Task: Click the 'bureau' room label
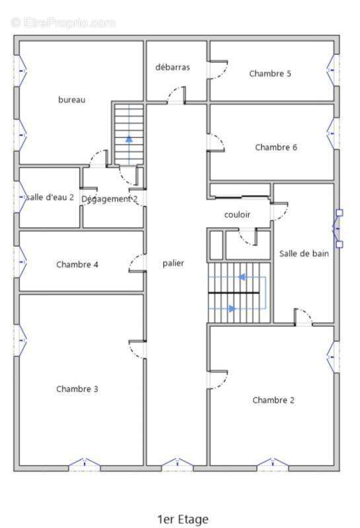[72, 100]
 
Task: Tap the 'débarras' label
[172, 67]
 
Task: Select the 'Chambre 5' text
[270, 73]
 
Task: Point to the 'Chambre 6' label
[276, 147]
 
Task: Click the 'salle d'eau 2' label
[50, 197]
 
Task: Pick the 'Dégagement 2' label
[110, 199]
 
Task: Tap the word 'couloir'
[237, 214]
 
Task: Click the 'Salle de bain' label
[304, 253]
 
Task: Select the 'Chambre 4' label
[77, 265]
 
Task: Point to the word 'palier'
[173, 263]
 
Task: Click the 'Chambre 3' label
[77, 389]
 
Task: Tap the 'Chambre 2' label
[273, 400]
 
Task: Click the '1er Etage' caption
[183, 519]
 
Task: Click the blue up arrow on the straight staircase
[129, 139]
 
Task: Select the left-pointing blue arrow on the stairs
[242, 277]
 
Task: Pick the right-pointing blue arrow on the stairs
[232, 308]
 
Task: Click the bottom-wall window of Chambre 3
[85, 464]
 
